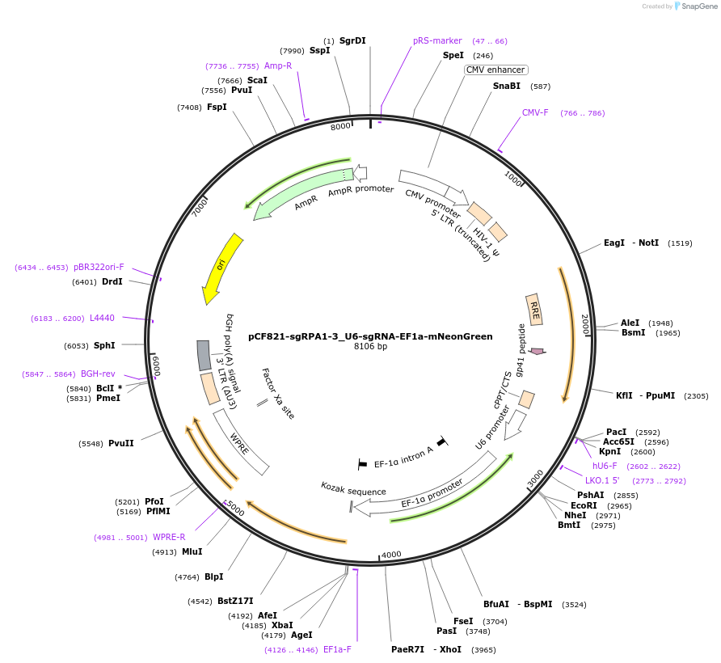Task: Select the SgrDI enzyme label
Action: [x=352, y=40]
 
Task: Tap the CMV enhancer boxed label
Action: [x=495, y=70]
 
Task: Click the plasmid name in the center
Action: [x=370, y=336]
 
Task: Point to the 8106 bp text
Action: [x=370, y=347]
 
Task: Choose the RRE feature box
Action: [x=534, y=310]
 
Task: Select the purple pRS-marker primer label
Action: [x=437, y=40]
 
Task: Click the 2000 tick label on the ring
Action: [x=584, y=323]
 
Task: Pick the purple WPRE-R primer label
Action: [x=169, y=537]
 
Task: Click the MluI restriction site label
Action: [x=192, y=552]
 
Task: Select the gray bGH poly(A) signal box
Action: [x=204, y=355]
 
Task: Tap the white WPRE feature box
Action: [x=241, y=441]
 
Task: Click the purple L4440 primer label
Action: [x=102, y=319]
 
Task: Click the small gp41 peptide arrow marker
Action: [x=537, y=351]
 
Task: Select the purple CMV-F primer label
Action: [x=535, y=113]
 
